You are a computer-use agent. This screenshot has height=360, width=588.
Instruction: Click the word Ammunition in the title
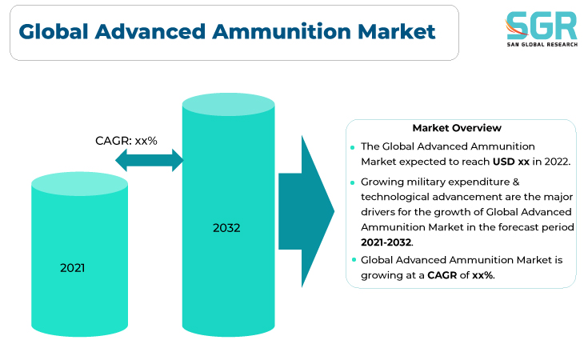pos(282,31)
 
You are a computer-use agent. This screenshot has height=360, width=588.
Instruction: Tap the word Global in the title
pos(54,31)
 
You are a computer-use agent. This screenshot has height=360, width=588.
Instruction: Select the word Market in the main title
pos(396,31)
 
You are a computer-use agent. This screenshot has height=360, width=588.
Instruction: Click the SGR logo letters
pos(541,25)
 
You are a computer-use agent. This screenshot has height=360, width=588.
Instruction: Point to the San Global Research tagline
pos(542,45)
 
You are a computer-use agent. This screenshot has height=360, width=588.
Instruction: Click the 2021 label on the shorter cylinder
pos(72,268)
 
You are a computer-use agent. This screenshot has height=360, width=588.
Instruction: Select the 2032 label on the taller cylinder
pos(226,228)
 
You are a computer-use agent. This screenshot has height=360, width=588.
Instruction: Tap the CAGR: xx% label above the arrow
pos(126,141)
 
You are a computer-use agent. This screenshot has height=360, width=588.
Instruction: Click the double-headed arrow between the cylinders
pos(150,160)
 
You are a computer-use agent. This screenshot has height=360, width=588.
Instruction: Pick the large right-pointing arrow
pos(306,211)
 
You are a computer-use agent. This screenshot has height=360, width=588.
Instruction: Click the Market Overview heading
pos(457,128)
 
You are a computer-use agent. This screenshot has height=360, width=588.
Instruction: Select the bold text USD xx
pos(510,162)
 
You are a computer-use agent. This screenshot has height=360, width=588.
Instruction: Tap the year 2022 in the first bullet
pos(557,162)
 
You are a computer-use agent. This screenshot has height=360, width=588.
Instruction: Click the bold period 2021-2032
pos(386,242)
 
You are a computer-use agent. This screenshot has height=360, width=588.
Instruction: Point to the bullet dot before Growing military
pos(353,182)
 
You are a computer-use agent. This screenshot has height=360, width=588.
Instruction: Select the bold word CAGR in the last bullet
pos(442,275)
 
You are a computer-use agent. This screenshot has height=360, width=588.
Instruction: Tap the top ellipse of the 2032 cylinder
pos(228,104)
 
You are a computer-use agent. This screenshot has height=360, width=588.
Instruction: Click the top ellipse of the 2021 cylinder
pos(79,184)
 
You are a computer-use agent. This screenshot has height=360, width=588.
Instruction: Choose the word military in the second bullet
pos(426,182)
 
